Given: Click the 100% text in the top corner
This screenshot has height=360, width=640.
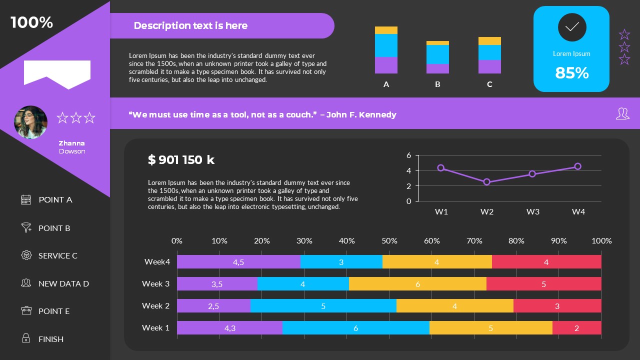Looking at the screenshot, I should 31,22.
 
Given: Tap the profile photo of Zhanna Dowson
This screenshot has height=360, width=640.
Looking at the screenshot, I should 30,122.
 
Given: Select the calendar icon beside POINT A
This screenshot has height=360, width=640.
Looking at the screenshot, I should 26,199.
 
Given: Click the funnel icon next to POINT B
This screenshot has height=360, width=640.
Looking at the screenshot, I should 26,227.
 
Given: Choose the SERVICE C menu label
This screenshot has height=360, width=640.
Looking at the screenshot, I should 58,255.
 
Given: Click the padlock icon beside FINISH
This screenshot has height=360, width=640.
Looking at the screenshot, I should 26,338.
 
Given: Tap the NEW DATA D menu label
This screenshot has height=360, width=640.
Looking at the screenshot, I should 63,283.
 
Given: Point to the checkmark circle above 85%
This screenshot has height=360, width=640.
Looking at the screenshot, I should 571,27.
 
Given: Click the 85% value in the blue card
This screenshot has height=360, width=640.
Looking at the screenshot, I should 571,73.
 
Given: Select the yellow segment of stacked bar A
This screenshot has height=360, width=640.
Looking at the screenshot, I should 386,30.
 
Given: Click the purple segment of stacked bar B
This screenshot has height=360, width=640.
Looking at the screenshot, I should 437,68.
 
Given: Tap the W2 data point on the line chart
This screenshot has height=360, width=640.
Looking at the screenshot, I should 486,182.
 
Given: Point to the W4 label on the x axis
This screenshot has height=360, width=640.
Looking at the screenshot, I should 578,212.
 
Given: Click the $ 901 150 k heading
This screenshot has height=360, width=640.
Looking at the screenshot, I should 181,160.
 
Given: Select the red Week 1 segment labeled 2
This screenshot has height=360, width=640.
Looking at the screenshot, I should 576,328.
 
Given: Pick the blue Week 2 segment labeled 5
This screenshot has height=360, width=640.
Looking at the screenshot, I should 323,306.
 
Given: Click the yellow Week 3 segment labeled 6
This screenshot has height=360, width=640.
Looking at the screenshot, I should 417,284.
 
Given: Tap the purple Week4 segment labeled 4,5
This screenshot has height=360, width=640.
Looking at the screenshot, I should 238,262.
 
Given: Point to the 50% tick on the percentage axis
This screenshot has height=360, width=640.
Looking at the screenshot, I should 389,241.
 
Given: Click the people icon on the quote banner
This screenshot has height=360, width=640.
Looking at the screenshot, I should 622,114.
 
